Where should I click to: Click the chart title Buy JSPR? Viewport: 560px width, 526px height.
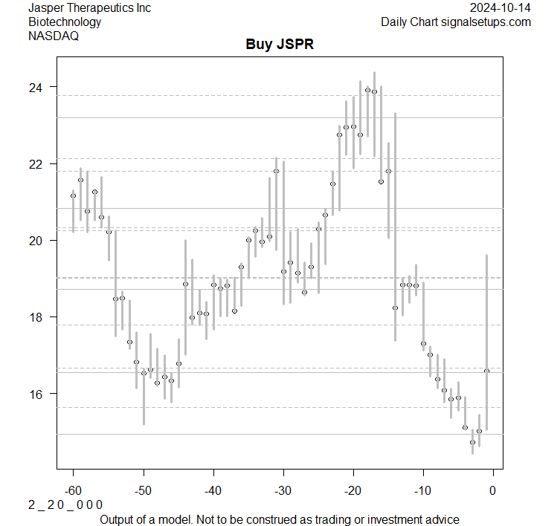pyautogui.click(x=280, y=44)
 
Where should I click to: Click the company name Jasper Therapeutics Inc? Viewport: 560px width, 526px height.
pyautogui.click(x=89, y=7)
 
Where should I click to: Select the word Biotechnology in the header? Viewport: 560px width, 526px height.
pyautogui.click(x=65, y=22)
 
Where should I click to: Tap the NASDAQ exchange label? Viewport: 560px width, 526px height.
pyautogui.click(x=53, y=36)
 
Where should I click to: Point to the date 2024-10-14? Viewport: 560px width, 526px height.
pyautogui.click(x=501, y=7)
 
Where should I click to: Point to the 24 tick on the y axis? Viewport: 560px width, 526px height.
pyautogui.click(x=36, y=87)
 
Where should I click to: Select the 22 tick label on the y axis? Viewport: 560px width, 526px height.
pyautogui.click(x=36, y=163)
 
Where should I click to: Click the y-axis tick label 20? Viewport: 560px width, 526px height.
pyautogui.click(x=36, y=240)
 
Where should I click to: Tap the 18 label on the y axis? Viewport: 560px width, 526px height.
pyautogui.click(x=36, y=316)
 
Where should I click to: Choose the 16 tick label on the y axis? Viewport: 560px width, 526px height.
pyautogui.click(x=36, y=393)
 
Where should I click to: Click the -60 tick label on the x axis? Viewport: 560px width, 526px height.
pyautogui.click(x=73, y=490)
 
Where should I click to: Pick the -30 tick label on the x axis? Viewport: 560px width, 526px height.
pyautogui.click(x=283, y=490)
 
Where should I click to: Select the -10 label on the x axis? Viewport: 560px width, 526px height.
pyautogui.click(x=422, y=490)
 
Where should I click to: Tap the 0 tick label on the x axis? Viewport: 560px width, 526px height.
pyautogui.click(x=492, y=490)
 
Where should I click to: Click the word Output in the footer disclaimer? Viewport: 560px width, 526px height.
pyautogui.click(x=119, y=519)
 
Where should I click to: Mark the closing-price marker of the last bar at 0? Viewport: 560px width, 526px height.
pyautogui.click(x=486, y=370)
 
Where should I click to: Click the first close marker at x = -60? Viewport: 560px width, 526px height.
pyautogui.click(x=73, y=195)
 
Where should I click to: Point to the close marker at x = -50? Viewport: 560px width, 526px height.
pyautogui.click(x=144, y=373)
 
